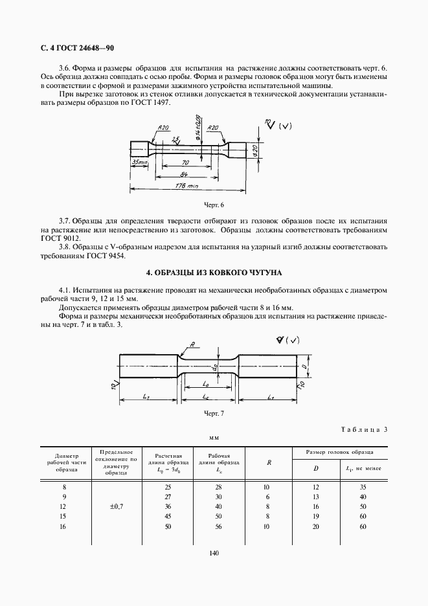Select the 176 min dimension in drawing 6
coord(188,186)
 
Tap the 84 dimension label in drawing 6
coord(185,175)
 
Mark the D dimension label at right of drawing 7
coord(304,366)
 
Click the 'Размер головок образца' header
coord(340,452)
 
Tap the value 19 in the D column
coord(316,517)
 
